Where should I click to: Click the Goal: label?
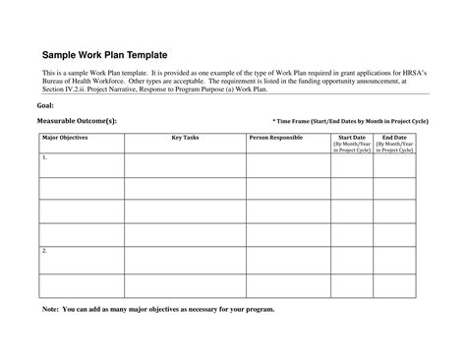point(44,104)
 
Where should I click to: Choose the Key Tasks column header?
point(185,138)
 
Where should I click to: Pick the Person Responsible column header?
point(274,138)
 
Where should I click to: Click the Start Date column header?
point(351,138)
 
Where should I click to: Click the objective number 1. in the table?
point(44,157)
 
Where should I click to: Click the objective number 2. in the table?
point(44,251)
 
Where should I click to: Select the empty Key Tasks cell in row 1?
point(185,165)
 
